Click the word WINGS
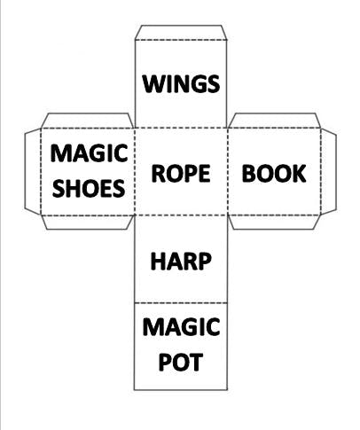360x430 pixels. pyautogui.click(x=181, y=83)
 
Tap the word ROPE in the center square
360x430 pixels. pyautogui.click(x=181, y=173)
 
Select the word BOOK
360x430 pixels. pyautogui.click(x=274, y=173)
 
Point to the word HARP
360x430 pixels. pyautogui.click(x=181, y=262)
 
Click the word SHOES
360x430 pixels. pyautogui.click(x=89, y=188)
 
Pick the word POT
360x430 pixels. pyautogui.click(x=181, y=362)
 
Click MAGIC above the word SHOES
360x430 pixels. pyautogui.click(x=89, y=153)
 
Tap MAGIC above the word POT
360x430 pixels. pyautogui.click(x=181, y=327)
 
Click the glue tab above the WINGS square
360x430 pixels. pyautogui.click(x=181, y=32)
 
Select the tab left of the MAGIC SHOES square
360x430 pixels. pyautogui.click(x=33, y=171)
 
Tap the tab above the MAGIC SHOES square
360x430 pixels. pyautogui.click(x=88, y=121)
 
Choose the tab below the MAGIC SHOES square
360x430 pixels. pyautogui.click(x=88, y=223)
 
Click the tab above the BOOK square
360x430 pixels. pyautogui.click(x=274, y=121)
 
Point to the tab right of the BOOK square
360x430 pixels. pyautogui.click(x=329, y=171)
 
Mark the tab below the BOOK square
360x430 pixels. pyautogui.click(x=274, y=223)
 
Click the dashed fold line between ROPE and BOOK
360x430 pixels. pyautogui.click(x=227, y=172)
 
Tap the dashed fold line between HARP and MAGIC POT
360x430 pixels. pyautogui.click(x=181, y=303)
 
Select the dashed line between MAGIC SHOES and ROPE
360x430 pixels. pyautogui.click(x=135, y=172)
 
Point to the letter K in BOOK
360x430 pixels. pyautogui.click(x=299, y=173)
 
